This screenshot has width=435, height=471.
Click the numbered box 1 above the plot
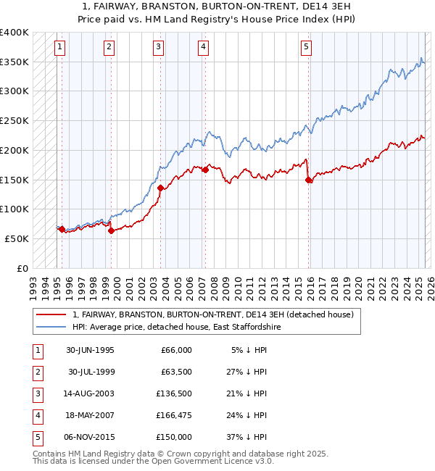[59, 48]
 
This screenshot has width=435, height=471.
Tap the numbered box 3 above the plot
[158, 48]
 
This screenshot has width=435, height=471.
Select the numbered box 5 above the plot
[307, 48]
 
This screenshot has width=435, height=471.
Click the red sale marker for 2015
[309, 180]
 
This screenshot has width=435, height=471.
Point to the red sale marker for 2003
[160, 188]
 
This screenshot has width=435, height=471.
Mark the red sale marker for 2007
[205, 170]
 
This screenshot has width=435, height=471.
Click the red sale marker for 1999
[111, 231]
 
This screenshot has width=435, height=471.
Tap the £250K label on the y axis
[14, 121]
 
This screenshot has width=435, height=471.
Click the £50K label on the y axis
[17, 238]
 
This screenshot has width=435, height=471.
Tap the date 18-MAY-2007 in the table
[90, 415]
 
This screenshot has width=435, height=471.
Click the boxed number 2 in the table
[36, 372]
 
